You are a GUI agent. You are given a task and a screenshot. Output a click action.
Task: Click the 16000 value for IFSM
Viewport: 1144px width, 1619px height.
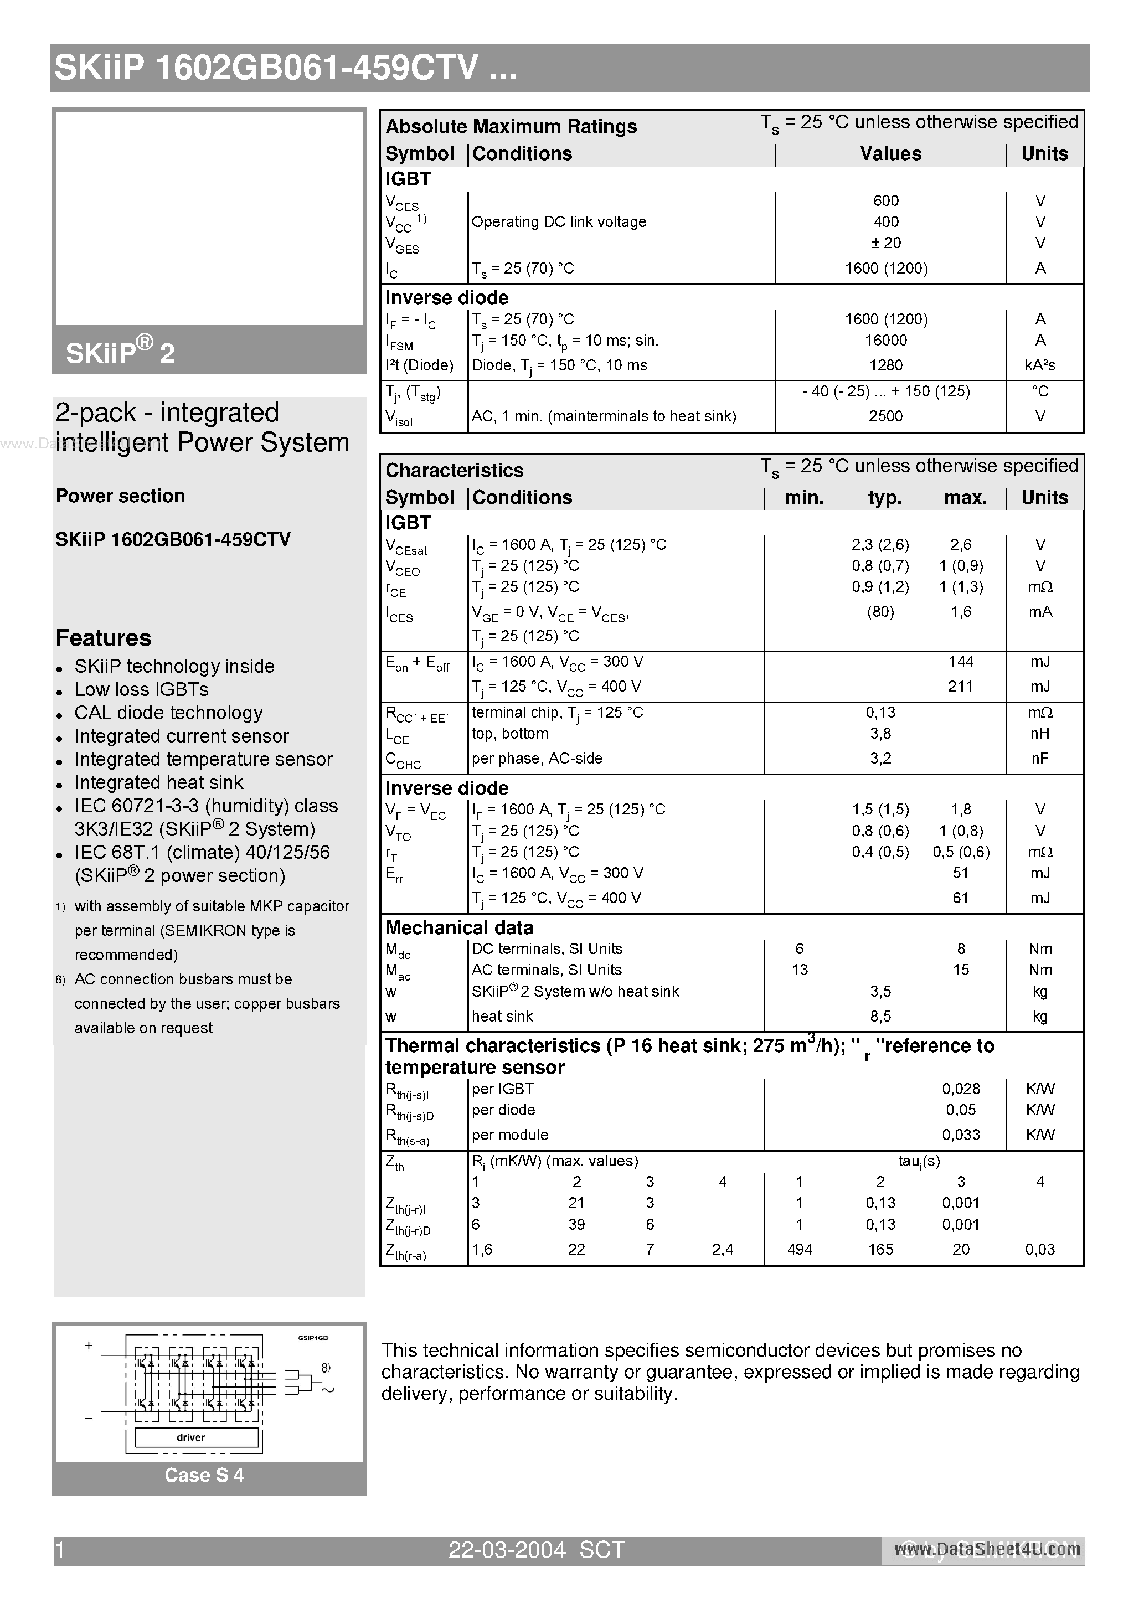[886, 341]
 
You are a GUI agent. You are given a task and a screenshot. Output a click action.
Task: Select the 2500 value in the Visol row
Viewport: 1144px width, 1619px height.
[886, 416]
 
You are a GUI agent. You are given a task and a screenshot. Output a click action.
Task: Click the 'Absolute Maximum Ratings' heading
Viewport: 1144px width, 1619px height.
[511, 126]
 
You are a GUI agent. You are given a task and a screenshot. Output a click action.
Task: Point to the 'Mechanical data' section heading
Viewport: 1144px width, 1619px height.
[459, 927]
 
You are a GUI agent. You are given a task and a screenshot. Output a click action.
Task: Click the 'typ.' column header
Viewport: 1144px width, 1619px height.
[884, 498]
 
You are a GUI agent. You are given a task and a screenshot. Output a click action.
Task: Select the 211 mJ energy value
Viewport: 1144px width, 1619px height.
[961, 686]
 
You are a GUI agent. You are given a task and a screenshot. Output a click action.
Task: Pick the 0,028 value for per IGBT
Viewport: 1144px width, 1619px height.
[961, 1089]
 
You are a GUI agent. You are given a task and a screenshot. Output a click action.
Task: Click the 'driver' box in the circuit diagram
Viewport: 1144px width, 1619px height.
[190, 1437]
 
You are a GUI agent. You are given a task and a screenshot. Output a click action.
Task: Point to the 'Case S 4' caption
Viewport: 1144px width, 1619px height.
[204, 1475]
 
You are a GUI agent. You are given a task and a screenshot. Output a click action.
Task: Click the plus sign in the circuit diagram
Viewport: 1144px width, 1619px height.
[89, 1345]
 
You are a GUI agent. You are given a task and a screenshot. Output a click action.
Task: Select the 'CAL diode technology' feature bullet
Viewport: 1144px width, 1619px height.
[168, 713]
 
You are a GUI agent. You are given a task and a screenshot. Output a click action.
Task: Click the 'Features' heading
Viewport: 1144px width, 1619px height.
[103, 638]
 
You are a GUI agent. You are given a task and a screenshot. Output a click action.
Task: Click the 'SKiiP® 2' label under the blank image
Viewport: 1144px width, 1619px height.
[120, 352]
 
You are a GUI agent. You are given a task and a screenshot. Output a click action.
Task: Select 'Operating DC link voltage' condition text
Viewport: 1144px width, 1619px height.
[559, 222]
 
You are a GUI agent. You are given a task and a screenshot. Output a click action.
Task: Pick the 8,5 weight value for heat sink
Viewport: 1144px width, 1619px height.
[880, 1016]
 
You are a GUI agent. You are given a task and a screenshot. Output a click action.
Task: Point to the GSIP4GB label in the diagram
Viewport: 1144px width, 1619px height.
[312, 1338]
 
